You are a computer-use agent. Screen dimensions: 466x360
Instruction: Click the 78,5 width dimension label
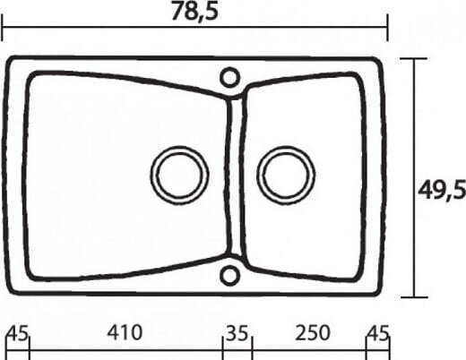point(194,12)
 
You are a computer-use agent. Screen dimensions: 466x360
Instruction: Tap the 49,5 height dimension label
point(442,190)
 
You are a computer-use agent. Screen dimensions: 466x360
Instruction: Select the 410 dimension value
point(125,332)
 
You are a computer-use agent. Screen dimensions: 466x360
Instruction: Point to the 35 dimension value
point(237,333)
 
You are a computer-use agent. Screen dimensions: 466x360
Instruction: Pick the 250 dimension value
point(313,332)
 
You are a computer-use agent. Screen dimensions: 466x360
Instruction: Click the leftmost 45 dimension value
point(18,333)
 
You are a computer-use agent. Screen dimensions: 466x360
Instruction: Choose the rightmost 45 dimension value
point(378,333)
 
